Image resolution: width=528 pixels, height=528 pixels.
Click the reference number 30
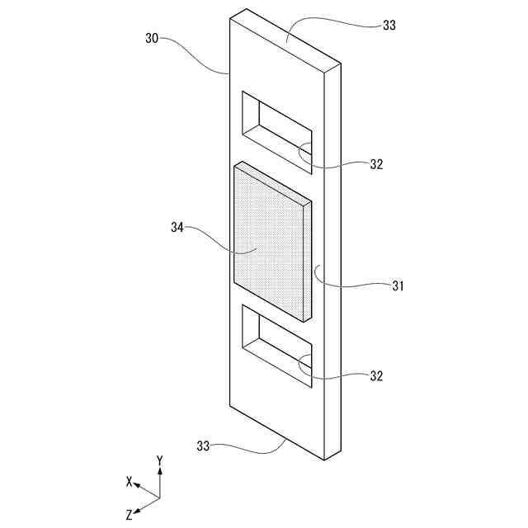point(153,38)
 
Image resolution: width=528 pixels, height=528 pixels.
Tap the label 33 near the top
point(389,25)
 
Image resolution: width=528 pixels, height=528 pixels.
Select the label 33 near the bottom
point(204,446)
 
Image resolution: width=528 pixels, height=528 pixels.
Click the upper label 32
point(376,163)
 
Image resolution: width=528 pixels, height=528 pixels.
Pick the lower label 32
point(376,375)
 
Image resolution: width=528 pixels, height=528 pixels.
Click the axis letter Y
point(159,460)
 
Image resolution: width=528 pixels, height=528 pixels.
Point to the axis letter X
point(129,480)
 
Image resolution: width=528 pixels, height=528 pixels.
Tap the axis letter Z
point(130,514)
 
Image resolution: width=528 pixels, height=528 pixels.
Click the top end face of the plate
point(285,37)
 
